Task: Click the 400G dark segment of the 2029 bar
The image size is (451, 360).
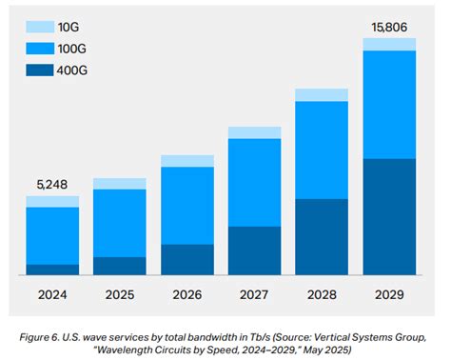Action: pos(389,217)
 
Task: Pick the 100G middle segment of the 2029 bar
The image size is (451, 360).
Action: pos(389,105)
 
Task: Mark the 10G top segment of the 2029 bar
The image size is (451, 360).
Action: pos(389,45)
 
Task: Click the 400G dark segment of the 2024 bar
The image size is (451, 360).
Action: pos(52,270)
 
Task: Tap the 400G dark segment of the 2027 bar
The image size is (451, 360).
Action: pos(254,250)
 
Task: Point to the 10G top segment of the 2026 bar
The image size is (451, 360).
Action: pos(187,161)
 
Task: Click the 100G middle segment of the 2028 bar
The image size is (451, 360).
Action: pos(322,150)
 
